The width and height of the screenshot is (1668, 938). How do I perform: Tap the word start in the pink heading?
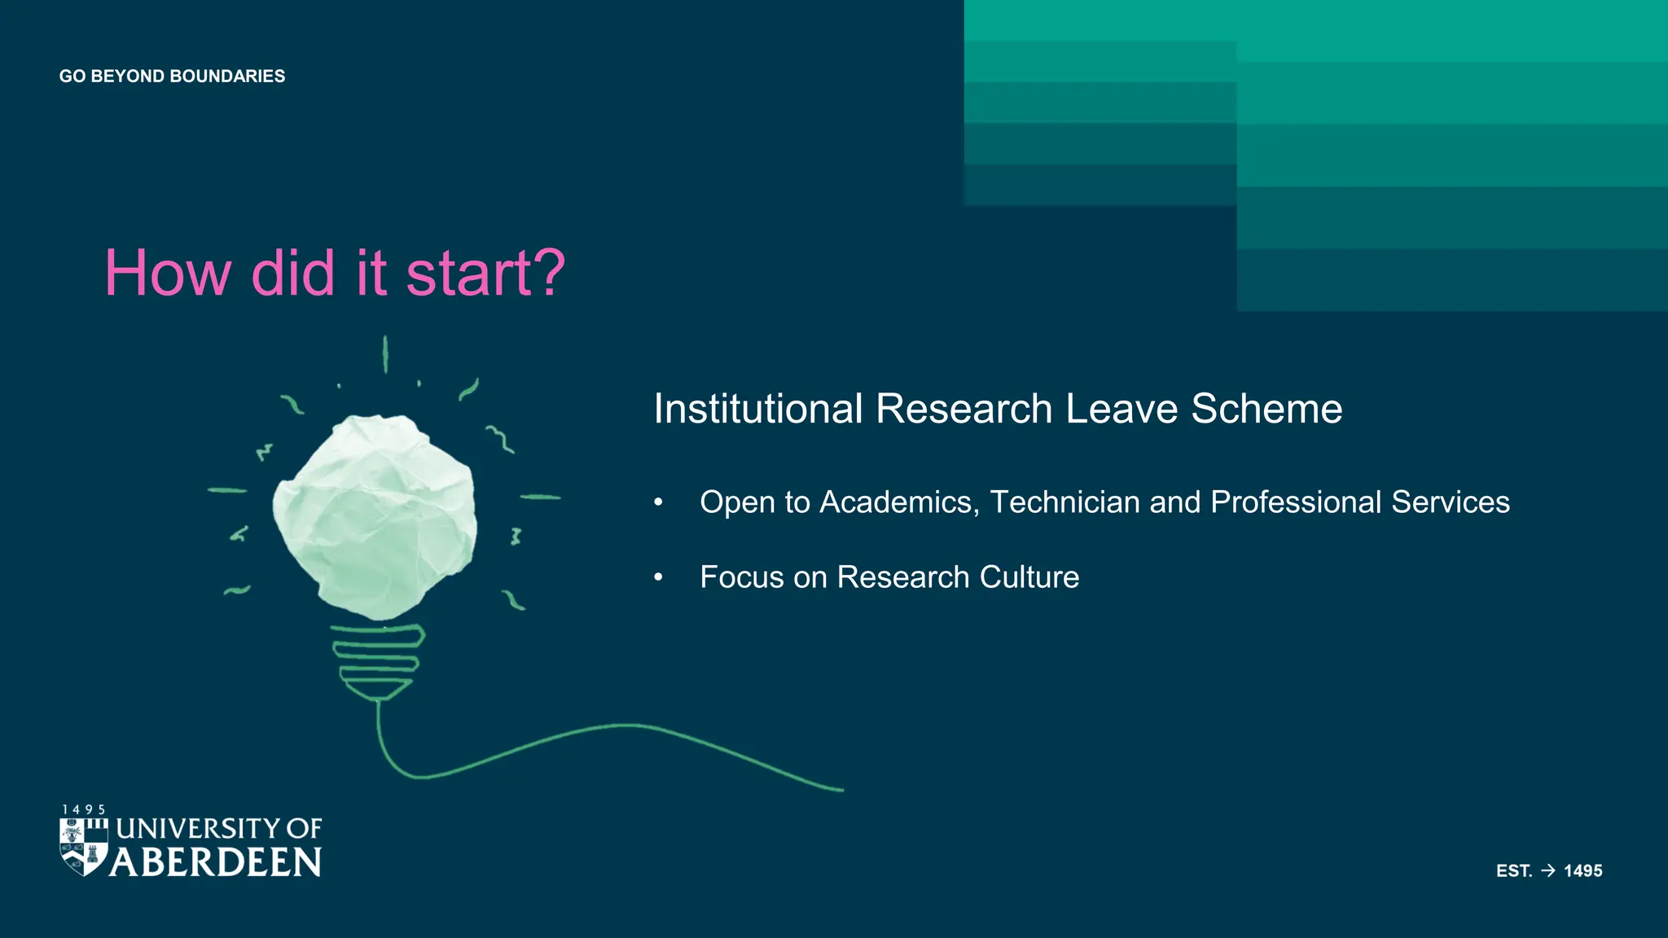tap(468, 274)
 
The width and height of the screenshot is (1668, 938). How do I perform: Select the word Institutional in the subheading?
tap(757, 409)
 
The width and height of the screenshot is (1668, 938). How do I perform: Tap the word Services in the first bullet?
tap(1450, 502)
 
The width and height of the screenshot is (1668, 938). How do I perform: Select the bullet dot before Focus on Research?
tap(658, 577)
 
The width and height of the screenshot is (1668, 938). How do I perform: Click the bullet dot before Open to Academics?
tap(658, 502)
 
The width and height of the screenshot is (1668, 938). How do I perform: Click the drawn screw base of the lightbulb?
tap(378, 660)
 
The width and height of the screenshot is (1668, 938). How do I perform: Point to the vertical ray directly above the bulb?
tap(385, 354)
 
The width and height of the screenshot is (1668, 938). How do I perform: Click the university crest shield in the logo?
tap(83, 846)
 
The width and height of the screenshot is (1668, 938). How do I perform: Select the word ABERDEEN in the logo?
tap(216, 862)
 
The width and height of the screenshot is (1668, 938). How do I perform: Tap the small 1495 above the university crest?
tap(84, 809)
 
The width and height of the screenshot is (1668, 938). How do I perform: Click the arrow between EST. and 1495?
tap(1548, 870)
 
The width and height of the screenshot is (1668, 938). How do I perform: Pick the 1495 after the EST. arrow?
tap(1582, 870)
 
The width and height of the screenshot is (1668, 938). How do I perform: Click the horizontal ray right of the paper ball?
tap(540, 497)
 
